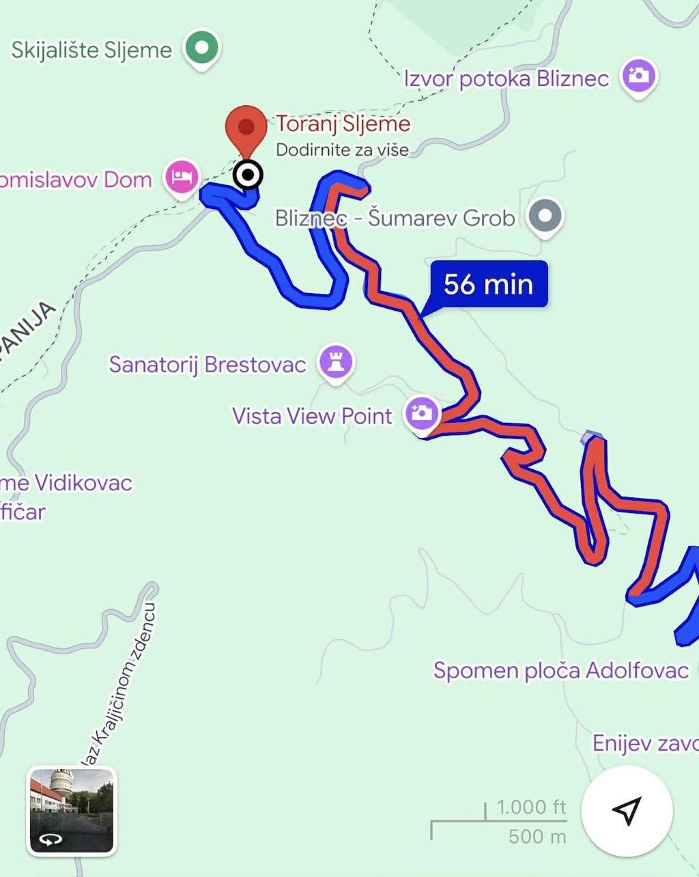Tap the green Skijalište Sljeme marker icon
pyautogui.click(x=201, y=48)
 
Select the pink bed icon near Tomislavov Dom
pyautogui.click(x=182, y=177)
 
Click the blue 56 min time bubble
pyautogui.click(x=488, y=283)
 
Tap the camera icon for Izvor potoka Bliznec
pyautogui.click(x=638, y=75)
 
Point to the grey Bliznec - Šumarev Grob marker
pyautogui.click(x=545, y=216)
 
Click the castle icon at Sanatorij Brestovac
pyautogui.click(x=335, y=361)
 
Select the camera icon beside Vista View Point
pyautogui.click(x=421, y=413)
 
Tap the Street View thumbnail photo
pyautogui.click(x=72, y=810)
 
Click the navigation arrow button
pyautogui.click(x=627, y=810)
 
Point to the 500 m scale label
pyautogui.click(x=537, y=836)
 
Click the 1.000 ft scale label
pyautogui.click(x=531, y=807)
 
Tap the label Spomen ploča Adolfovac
pyautogui.click(x=561, y=670)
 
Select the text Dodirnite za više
pyautogui.click(x=342, y=150)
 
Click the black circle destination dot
pyautogui.click(x=247, y=175)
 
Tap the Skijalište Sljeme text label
pyautogui.click(x=91, y=50)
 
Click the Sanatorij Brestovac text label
pyautogui.click(x=208, y=364)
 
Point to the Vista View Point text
pyautogui.click(x=312, y=416)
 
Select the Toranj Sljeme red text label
pyautogui.click(x=343, y=124)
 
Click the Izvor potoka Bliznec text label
pyautogui.click(x=506, y=79)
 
